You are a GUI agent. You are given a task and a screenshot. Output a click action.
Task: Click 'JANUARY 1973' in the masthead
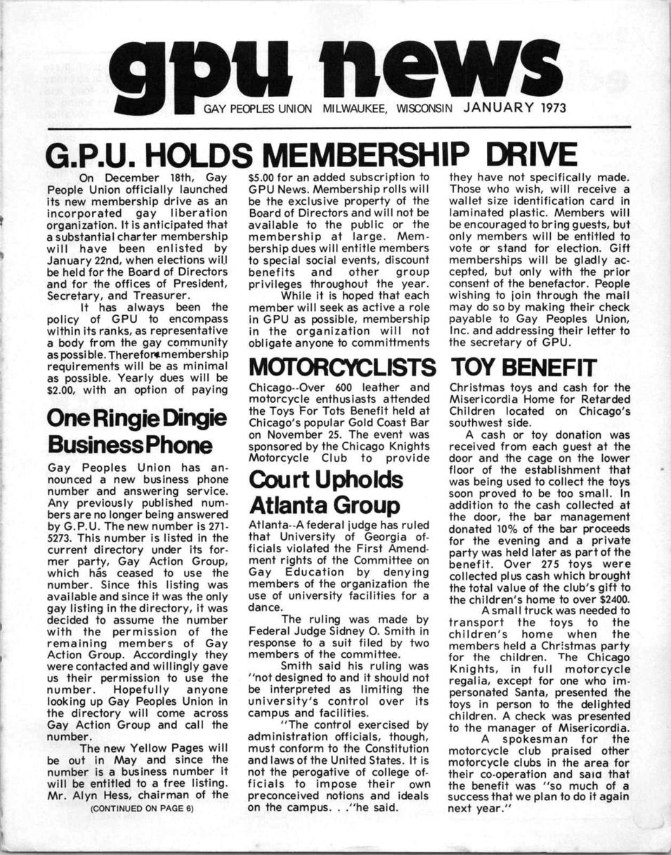[x=515, y=109]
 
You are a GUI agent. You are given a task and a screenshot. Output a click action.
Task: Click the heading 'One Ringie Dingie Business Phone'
[x=136, y=431]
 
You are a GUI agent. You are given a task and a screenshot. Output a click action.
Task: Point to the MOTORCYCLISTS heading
[x=339, y=367]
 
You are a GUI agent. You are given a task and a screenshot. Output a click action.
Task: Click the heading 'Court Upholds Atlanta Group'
[x=326, y=492]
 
